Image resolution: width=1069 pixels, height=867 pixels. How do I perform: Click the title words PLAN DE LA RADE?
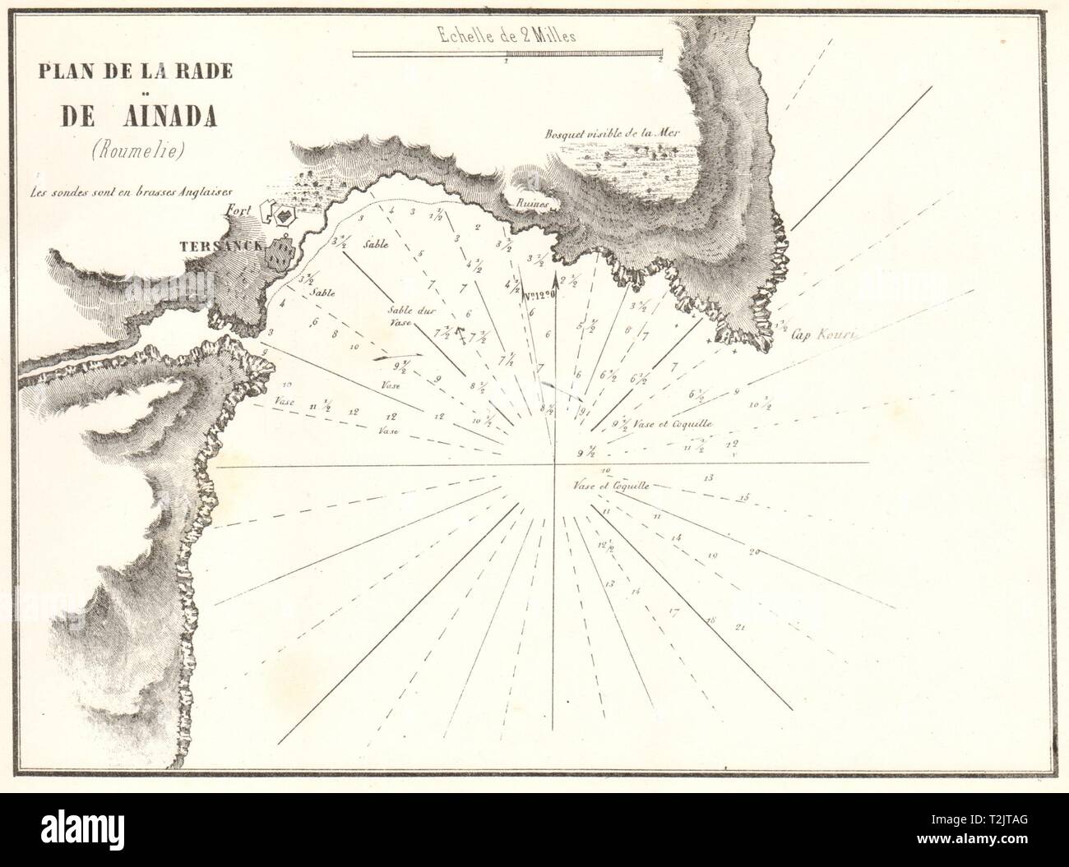(132, 71)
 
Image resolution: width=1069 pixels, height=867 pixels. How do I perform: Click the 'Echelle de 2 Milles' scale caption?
(507, 35)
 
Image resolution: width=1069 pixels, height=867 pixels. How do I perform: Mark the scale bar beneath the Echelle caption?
(507, 55)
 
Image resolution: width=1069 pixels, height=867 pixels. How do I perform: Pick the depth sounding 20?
(754, 551)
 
